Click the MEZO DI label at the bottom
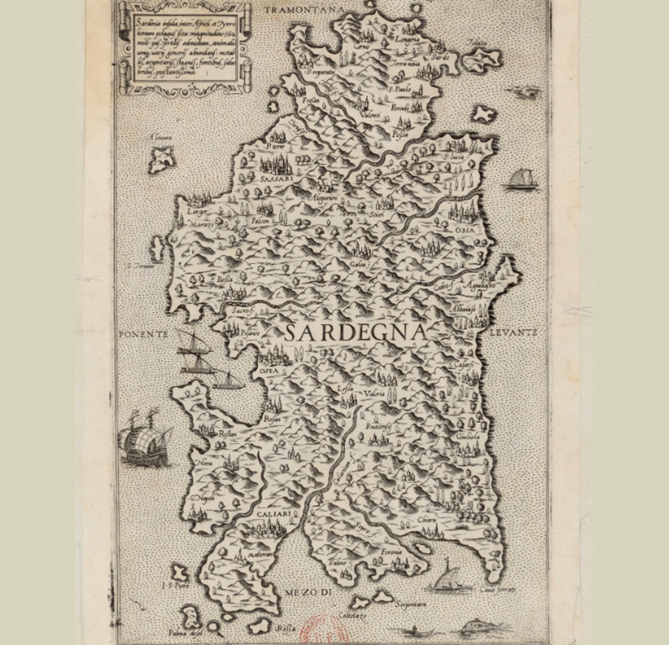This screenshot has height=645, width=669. click(x=309, y=592)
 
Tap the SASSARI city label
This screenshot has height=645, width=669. click(x=275, y=178)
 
